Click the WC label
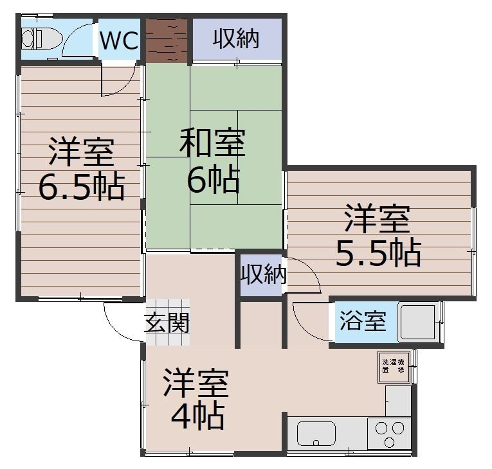pyautogui.click(x=118, y=41)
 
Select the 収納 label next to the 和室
pyautogui.click(x=236, y=39)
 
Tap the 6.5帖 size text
pyautogui.click(x=80, y=186)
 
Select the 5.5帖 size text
pyautogui.click(x=378, y=252)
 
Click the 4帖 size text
pyautogui.click(x=197, y=416)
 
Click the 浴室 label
pyautogui.click(x=363, y=321)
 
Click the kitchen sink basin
pyautogui.click(x=317, y=434)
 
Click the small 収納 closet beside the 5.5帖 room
pyautogui.click(x=262, y=274)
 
